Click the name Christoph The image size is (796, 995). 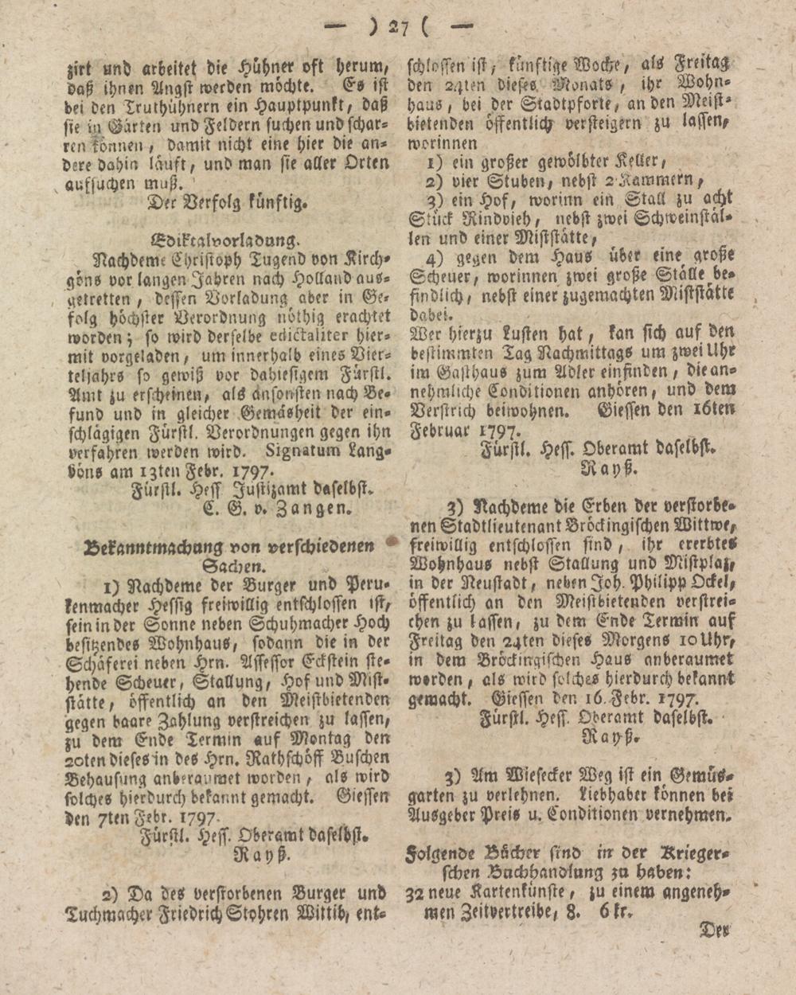click(x=184, y=259)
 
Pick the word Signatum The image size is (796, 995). click(x=305, y=451)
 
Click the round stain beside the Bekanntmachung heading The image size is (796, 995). click(x=392, y=541)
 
